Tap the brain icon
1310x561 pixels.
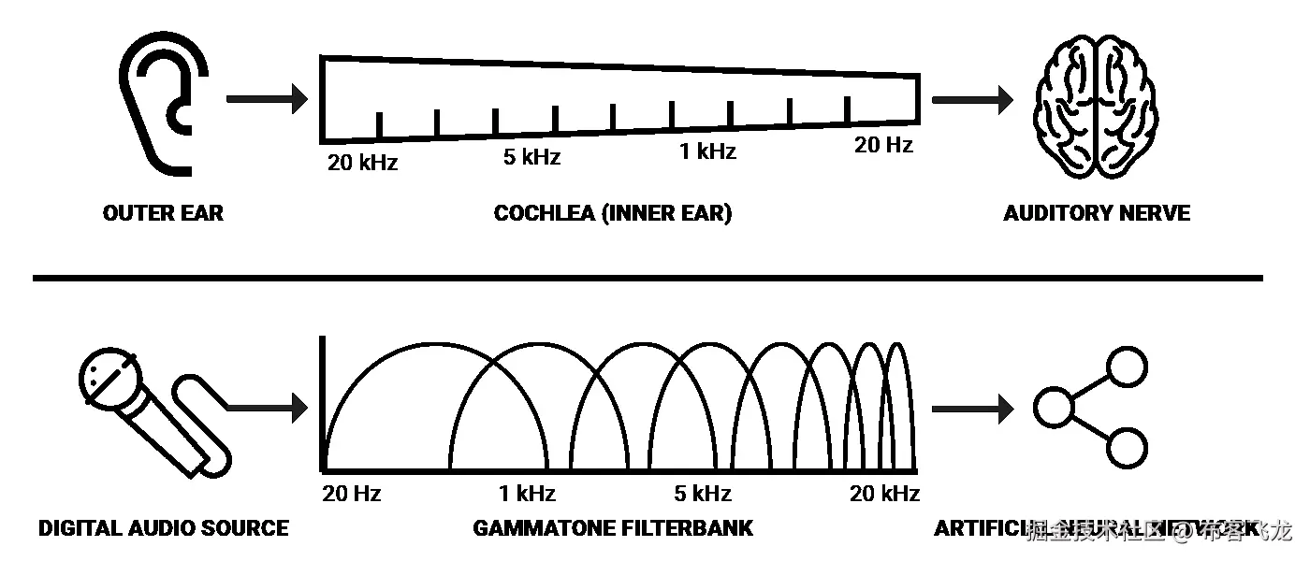[1094, 108]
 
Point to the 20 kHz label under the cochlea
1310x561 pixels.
[362, 163]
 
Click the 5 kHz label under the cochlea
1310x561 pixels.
[531, 157]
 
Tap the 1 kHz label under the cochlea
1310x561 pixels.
[707, 151]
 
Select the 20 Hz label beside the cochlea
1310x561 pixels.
[883, 145]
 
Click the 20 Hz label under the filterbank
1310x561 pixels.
[351, 494]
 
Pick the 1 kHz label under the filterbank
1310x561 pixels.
[527, 494]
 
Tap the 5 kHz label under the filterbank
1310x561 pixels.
[702, 494]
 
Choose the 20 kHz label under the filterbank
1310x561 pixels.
[884, 494]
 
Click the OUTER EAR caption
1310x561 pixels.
[163, 213]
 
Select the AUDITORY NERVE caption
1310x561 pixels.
[1096, 213]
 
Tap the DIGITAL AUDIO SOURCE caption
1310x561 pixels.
[163, 528]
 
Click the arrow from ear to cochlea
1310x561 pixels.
[267, 98]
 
